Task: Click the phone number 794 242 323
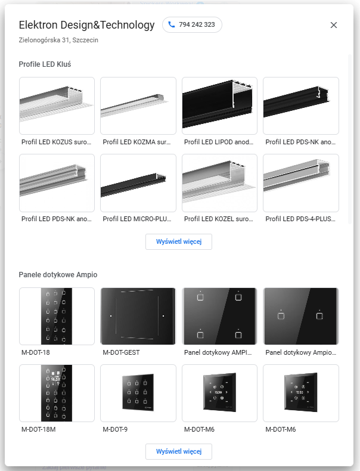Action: [x=197, y=24]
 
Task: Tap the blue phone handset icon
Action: [x=172, y=24]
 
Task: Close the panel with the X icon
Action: [x=334, y=25]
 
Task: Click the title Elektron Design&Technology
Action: [x=86, y=25]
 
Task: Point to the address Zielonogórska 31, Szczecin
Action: [x=58, y=40]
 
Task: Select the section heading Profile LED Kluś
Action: [x=45, y=64]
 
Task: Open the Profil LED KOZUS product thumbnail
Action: [x=57, y=106]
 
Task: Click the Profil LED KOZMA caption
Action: [x=136, y=142]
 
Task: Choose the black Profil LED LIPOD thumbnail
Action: [x=219, y=106]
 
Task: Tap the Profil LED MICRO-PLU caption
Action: [x=137, y=219]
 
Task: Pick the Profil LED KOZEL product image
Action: [x=219, y=183]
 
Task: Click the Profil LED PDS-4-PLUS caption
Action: [x=300, y=219]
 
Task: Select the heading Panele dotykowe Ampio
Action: [x=58, y=274]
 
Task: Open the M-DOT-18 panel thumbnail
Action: [x=57, y=316]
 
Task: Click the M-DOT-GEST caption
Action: [x=122, y=352]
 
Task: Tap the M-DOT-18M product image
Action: [x=57, y=393]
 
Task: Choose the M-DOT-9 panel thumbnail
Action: [x=138, y=393]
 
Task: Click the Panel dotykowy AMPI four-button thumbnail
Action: [x=219, y=316]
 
